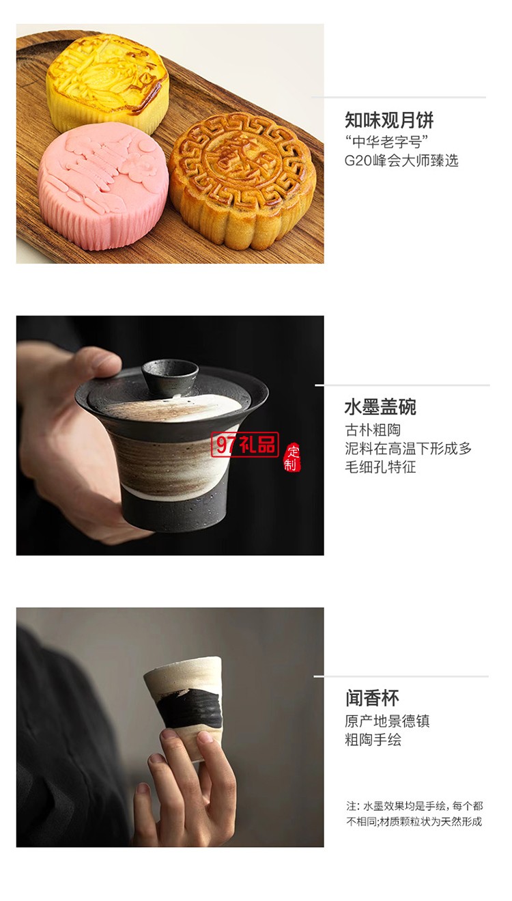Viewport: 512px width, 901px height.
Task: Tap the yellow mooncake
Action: pos(107,81)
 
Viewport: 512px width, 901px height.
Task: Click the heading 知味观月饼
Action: pos(389,121)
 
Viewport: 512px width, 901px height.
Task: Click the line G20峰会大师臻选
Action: pos(401,161)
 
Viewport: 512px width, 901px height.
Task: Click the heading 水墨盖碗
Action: pos(380,407)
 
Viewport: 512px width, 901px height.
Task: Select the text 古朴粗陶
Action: pos(373,430)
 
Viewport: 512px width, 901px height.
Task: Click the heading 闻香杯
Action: pos(372,698)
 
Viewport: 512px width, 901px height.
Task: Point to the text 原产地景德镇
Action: pos(387,721)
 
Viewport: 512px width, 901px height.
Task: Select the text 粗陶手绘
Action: pos(373,740)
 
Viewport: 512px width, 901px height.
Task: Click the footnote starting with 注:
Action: pos(414,814)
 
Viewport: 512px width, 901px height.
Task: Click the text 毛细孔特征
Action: pos(380,467)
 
